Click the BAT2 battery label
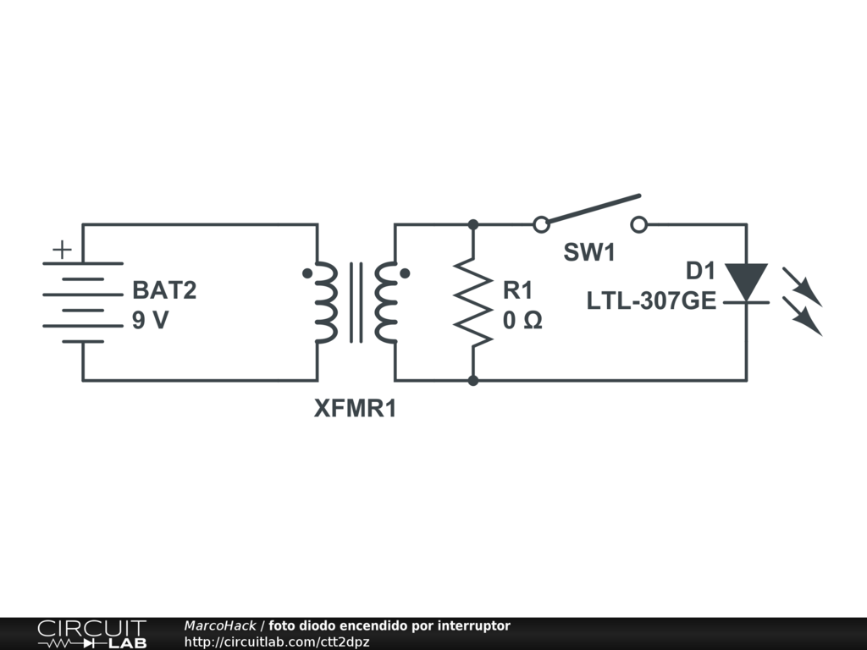(164, 290)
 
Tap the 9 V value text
(150, 322)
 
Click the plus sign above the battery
(62, 250)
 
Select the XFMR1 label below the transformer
(355, 410)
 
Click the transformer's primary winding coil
(327, 302)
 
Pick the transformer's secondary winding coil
(385, 302)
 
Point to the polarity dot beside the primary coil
(306, 273)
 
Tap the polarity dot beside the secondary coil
(406, 273)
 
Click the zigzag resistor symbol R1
(473, 302)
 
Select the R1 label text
(517, 290)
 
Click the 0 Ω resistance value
(522, 322)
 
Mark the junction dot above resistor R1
(473, 224)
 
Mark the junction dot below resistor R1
(473, 381)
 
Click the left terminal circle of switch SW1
(541, 224)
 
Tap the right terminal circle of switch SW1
(639, 224)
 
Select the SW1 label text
(590, 252)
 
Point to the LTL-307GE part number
(651, 300)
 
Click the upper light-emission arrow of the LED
(802, 286)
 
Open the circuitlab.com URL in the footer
(277, 642)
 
